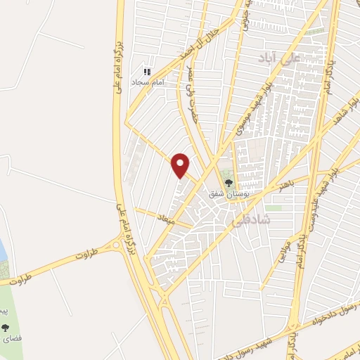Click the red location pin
pos(181,165)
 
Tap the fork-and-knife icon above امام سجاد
pos(147,72)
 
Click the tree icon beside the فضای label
pos(6,328)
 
